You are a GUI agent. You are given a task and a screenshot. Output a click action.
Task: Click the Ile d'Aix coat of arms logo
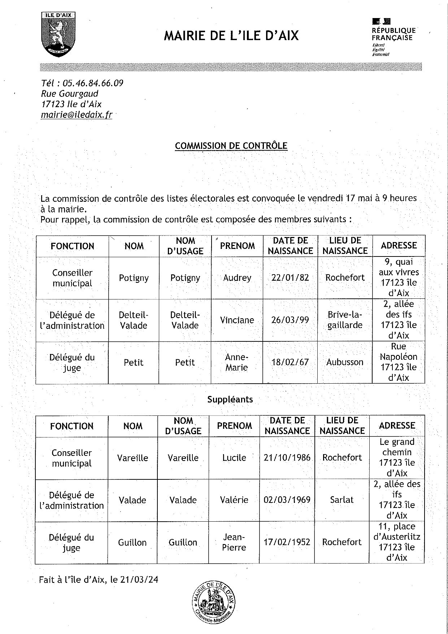59,34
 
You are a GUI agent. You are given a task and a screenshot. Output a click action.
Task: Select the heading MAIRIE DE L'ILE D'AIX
231,36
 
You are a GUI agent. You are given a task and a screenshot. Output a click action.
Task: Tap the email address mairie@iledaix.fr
77,115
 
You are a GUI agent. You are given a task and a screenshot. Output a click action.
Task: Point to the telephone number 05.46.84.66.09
93,83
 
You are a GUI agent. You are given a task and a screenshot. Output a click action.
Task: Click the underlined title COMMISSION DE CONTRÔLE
231,146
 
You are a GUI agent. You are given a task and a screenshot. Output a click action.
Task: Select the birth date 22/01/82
290,277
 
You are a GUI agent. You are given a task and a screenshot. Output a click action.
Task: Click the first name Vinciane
237,320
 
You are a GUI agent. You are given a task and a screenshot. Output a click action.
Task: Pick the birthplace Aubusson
345,362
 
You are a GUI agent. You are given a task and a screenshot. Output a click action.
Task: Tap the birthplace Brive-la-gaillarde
345,320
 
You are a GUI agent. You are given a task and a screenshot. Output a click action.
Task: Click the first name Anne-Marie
236,362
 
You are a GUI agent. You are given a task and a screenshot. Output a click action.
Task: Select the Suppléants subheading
230,399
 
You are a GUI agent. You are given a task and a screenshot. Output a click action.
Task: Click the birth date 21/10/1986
287,457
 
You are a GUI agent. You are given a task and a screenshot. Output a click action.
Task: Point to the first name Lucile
234,458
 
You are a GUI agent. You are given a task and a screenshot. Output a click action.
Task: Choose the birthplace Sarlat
342,500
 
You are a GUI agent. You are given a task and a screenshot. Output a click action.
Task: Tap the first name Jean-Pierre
234,542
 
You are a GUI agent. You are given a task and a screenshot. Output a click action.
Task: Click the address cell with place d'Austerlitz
397,542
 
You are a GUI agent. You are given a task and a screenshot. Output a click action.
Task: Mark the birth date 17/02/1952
287,542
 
